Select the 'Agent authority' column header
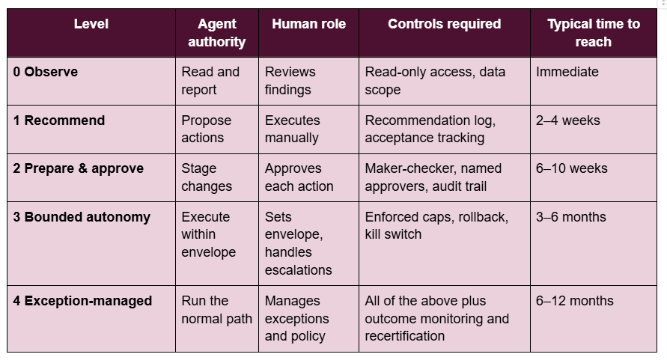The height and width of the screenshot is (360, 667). click(x=217, y=33)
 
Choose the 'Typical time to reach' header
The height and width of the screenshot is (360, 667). click(x=594, y=33)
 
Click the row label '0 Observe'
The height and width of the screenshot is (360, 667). click(x=46, y=72)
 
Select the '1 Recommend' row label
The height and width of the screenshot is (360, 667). click(x=58, y=120)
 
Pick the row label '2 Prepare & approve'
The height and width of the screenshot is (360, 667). click(x=79, y=168)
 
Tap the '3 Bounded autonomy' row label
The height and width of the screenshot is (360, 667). click(x=82, y=217)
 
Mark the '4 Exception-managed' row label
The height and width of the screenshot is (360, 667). click(x=82, y=301)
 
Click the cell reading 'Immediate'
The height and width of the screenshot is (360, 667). click(x=567, y=72)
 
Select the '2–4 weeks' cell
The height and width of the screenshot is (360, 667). click(x=568, y=120)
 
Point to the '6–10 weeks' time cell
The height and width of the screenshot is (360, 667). click(x=571, y=168)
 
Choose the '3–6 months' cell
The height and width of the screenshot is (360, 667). click(x=571, y=217)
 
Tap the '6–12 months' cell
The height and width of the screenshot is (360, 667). click(x=575, y=301)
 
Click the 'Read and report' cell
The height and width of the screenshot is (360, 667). click(x=210, y=80)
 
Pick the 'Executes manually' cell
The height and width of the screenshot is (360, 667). click(x=292, y=129)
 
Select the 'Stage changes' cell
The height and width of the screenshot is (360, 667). click(x=207, y=177)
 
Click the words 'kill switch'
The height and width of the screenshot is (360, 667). click(x=393, y=234)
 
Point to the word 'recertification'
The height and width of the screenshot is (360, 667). click(x=404, y=336)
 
